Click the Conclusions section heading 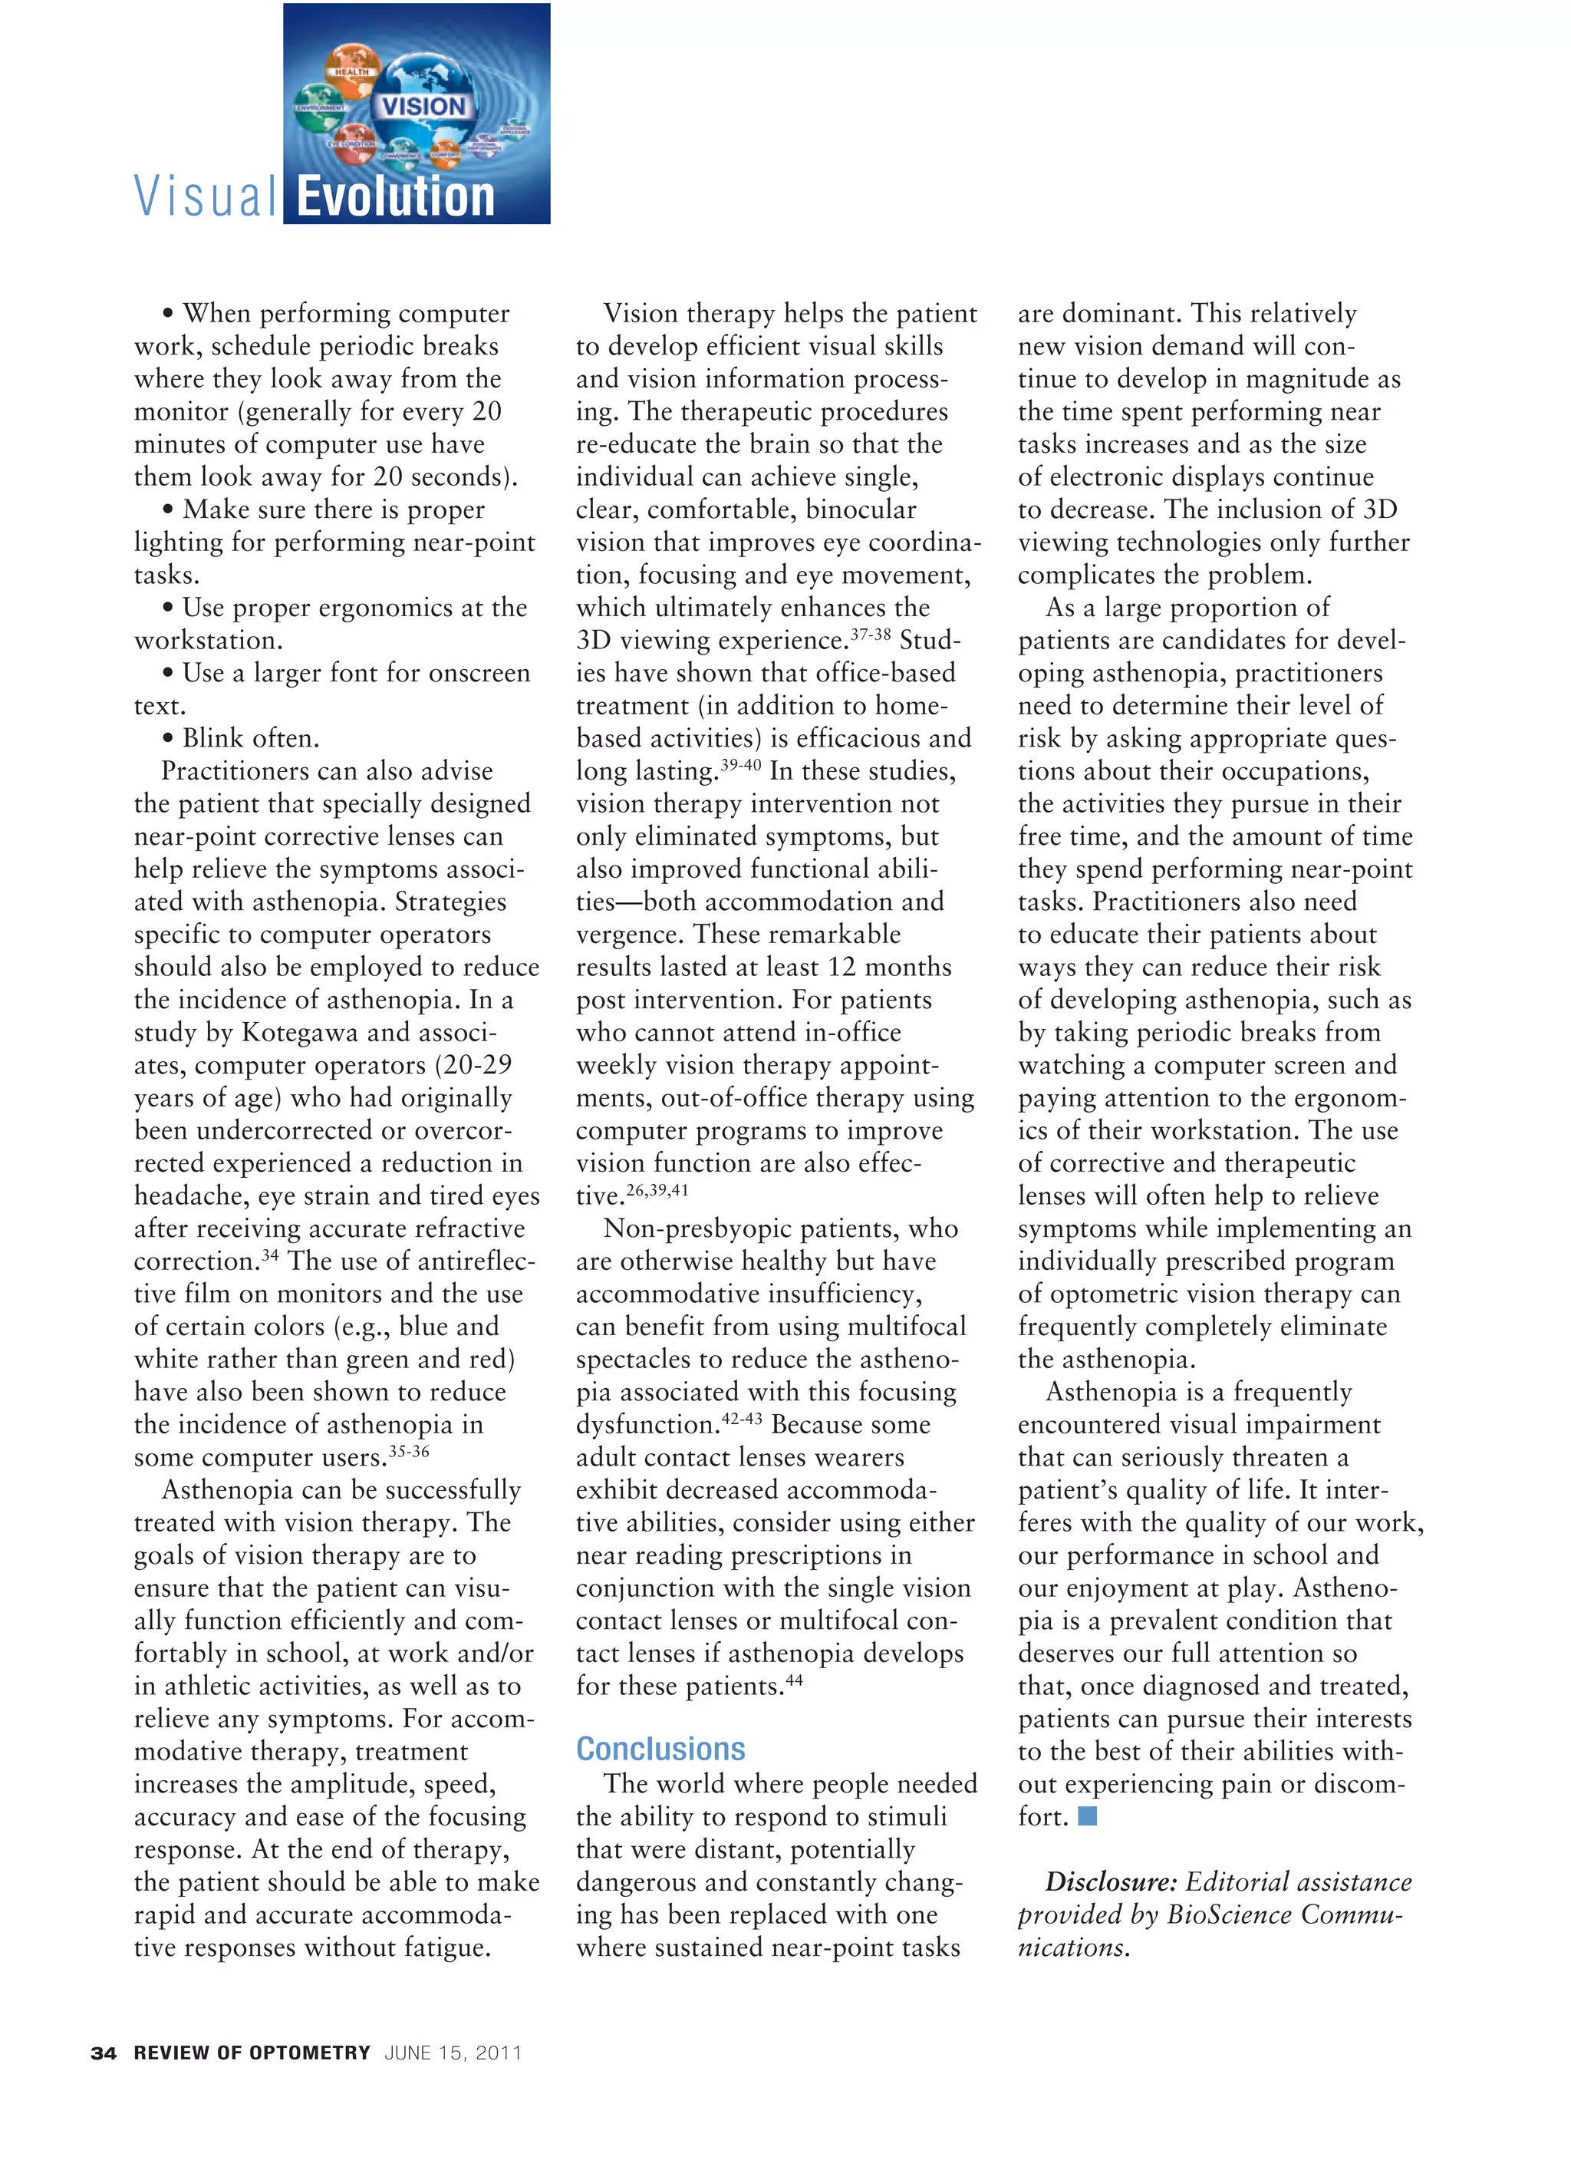(660, 1749)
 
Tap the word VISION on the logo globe (423, 107)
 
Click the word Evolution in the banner (395, 197)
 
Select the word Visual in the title (206, 197)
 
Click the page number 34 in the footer (103, 2053)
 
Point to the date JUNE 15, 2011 (453, 2053)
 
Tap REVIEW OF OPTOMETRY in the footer (252, 2053)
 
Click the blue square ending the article (1087, 1815)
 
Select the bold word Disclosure (1110, 1882)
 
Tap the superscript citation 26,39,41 (657, 1189)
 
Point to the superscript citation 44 (794, 1680)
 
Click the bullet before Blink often (169, 739)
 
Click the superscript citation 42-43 (742, 1418)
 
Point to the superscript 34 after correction (271, 1255)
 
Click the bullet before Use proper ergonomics (169, 608)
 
